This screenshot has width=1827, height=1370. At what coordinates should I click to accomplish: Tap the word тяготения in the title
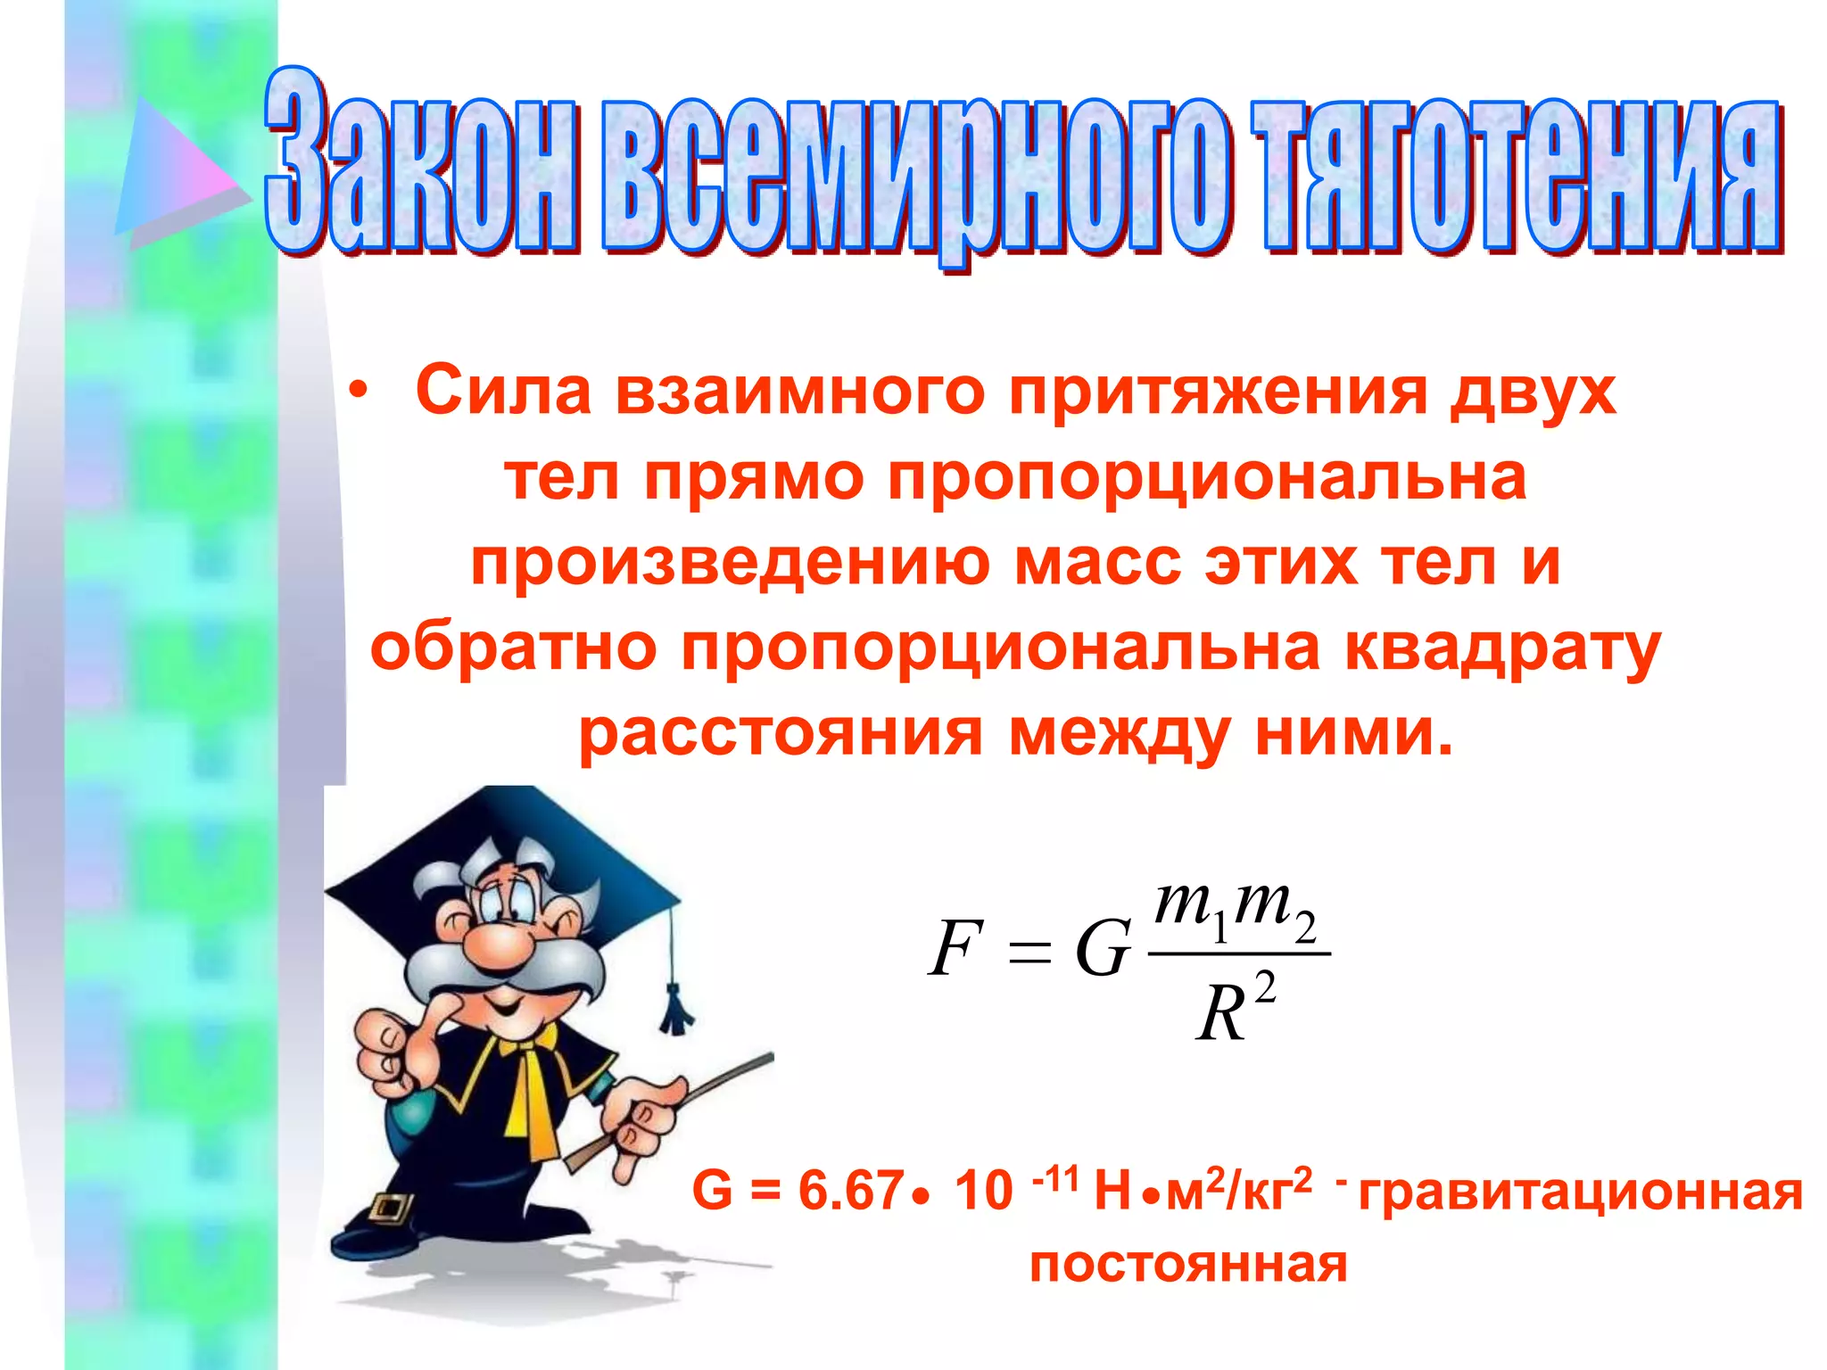pos(1517,174)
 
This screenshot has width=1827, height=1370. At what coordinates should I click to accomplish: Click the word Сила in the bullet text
pos(504,391)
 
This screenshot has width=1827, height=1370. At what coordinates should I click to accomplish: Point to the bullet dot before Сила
pos(359,392)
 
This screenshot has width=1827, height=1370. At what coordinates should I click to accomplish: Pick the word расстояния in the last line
pos(781,733)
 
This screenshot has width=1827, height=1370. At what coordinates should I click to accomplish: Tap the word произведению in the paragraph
pos(732,564)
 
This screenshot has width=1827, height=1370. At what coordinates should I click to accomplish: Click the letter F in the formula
pos(955,948)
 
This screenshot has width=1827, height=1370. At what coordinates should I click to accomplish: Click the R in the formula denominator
pos(1220,1016)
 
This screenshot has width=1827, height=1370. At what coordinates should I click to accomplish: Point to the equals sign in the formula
pos(1029,953)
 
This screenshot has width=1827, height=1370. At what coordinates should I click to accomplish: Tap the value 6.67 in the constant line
pos(849,1190)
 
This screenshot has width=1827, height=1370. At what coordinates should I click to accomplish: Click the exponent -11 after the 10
pos(1055,1180)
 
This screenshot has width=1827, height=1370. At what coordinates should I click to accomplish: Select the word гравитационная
pos(1580,1192)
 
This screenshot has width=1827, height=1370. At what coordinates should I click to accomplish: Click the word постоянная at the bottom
pos(1188,1265)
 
